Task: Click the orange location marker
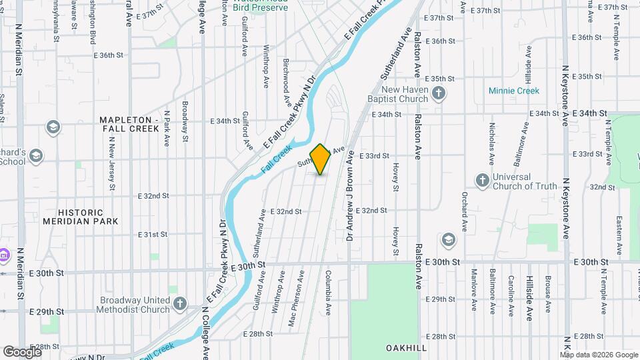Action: (321, 159)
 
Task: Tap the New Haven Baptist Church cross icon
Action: (438, 94)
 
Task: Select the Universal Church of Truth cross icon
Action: (482, 181)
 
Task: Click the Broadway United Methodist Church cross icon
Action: (179, 305)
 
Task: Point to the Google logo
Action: (21, 352)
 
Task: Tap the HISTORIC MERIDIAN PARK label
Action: (80, 216)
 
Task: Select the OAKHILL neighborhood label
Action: (407, 348)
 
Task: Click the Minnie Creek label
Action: (533, 90)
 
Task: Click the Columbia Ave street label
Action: (329, 293)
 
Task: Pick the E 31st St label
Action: (153, 235)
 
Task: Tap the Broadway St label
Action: (185, 115)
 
